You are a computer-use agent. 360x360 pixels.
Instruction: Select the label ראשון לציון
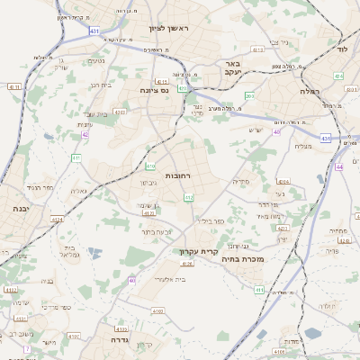(174, 30)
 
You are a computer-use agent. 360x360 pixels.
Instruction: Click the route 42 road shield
(85, 134)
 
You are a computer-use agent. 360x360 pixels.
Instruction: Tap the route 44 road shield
(338, 166)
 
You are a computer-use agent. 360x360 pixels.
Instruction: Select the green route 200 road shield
(249, 95)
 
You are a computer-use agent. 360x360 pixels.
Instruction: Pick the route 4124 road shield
(58, 219)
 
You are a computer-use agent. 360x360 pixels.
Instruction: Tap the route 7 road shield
(27, 348)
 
